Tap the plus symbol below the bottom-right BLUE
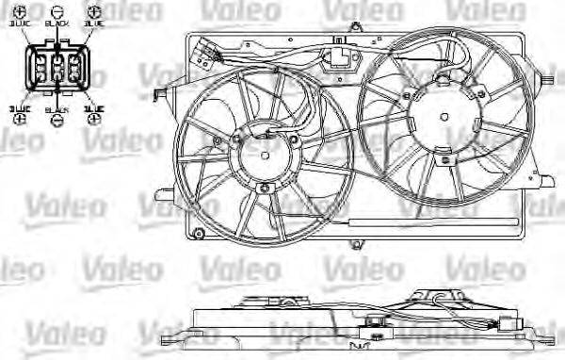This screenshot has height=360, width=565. [93, 122]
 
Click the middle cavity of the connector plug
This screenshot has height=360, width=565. [57, 69]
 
